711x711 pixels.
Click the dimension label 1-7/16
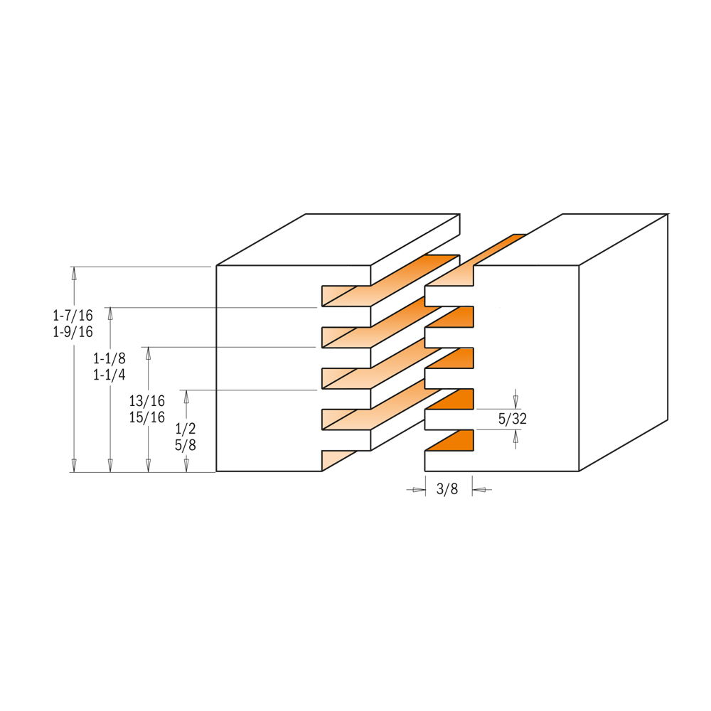coord(73,315)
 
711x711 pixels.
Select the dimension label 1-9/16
coord(73,332)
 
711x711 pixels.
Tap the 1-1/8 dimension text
coord(109,358)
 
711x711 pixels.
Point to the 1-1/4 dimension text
coord(109,375)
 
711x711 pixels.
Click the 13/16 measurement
coord(147,401)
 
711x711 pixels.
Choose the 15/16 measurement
coord(147,417)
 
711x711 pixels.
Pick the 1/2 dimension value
coord(186,429)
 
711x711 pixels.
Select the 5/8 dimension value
coord(186,445)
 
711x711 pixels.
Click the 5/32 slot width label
coord(513,419)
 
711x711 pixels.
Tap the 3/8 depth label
coord(447,489)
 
